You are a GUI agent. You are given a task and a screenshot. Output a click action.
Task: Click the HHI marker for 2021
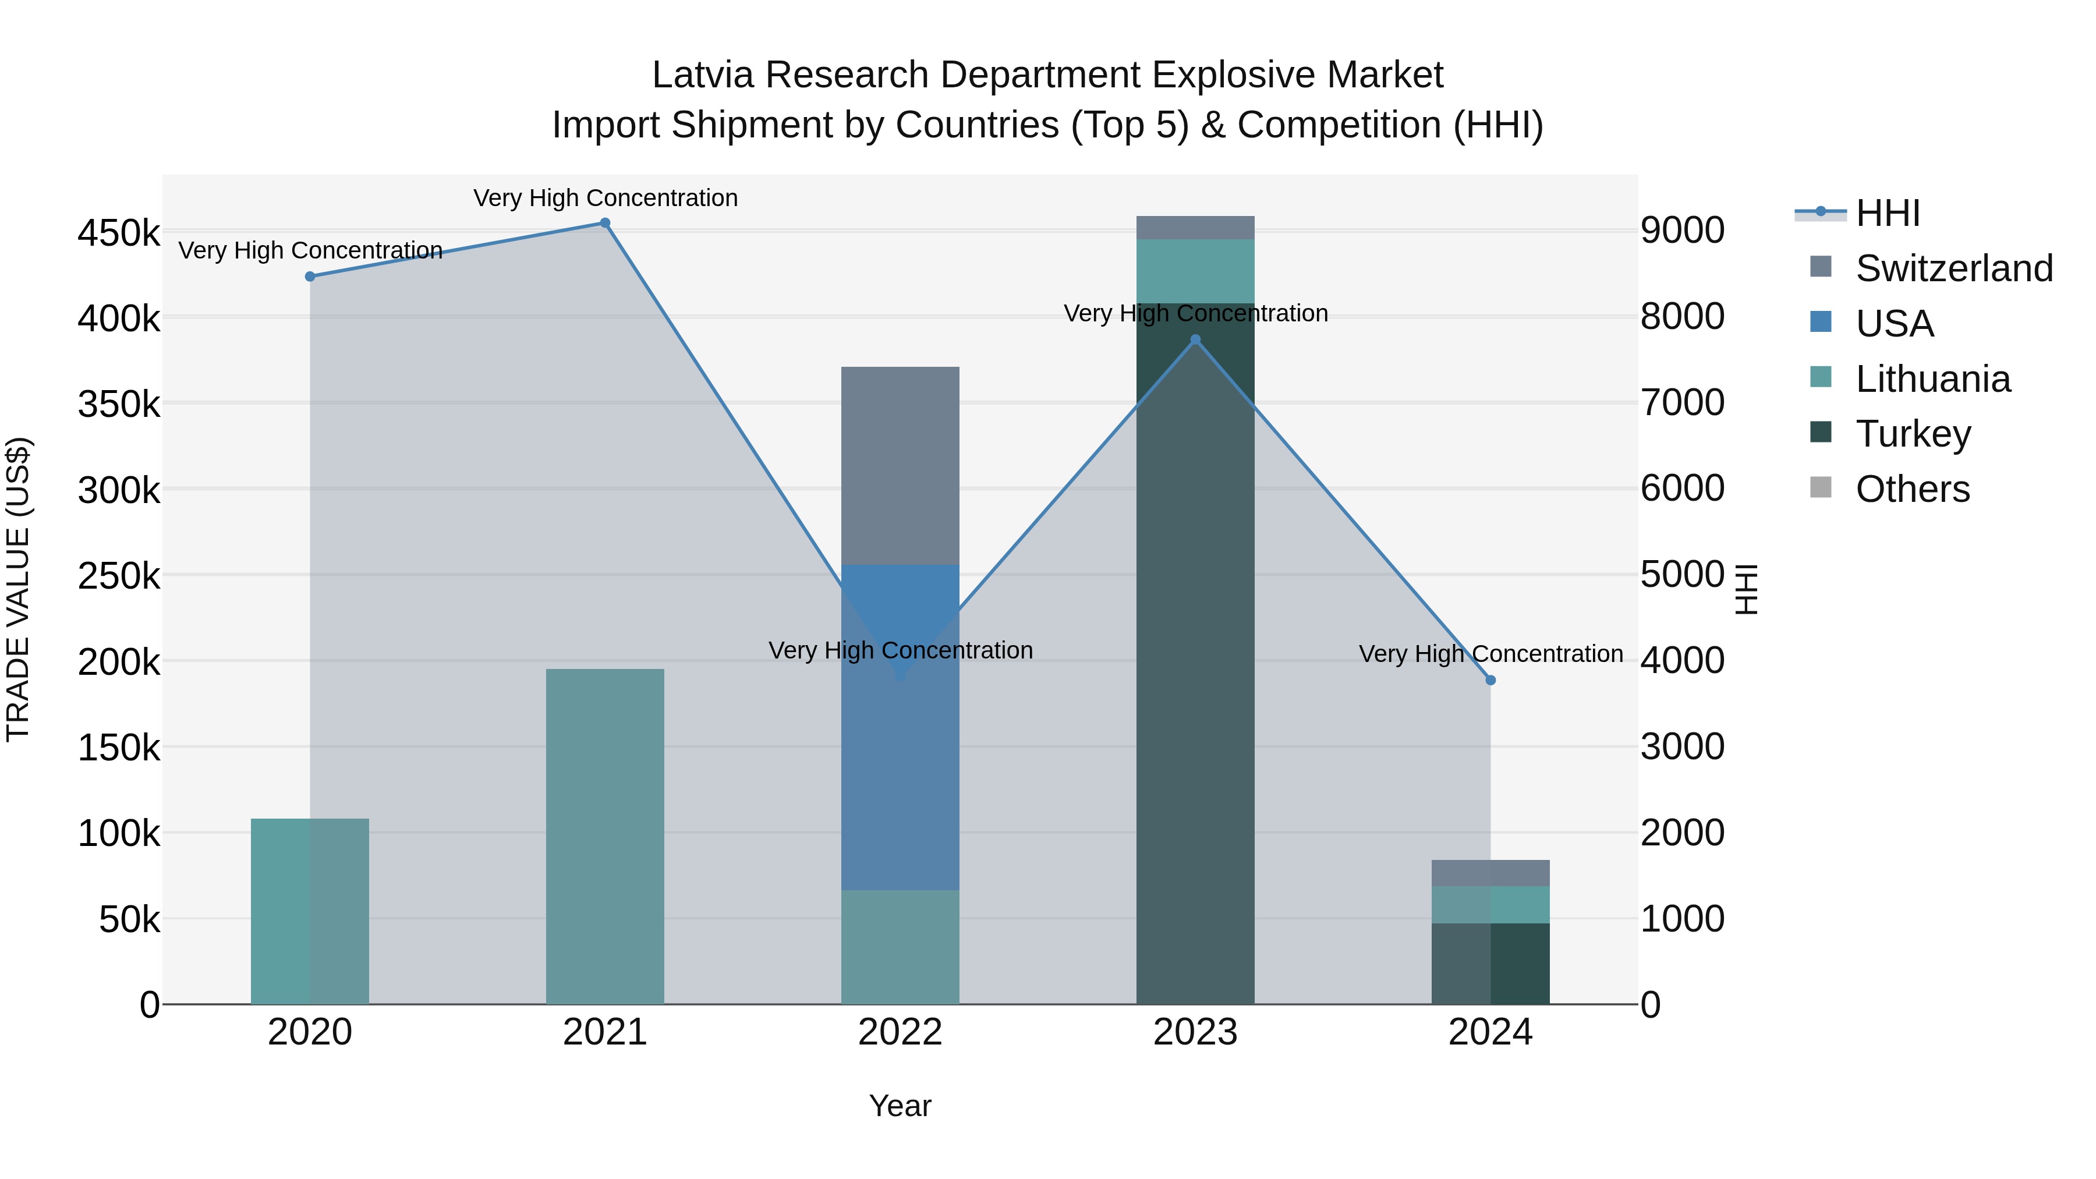(x=604, y=223)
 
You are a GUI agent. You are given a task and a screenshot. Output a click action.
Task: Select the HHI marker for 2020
(x=310, y=277)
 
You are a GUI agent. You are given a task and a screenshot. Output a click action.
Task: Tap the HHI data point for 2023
(x=1195, y=340)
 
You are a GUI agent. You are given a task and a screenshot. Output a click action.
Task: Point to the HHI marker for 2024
(x=1490, y=680)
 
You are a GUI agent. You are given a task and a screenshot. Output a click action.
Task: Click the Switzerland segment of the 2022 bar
(x=900, y=465)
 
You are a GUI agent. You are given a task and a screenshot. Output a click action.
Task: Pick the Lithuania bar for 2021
(x=604, y=837)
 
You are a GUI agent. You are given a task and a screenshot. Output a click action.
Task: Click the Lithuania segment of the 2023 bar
(x=1195, y=271)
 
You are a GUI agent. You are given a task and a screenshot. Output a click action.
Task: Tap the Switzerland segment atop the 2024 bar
(x=1490, y=873)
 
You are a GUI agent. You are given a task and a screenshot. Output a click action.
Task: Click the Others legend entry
(x=1912, y=489)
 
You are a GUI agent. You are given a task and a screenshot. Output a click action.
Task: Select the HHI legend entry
(x=1888, y=213)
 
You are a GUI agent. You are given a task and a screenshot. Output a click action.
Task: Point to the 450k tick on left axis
(x=119, y=233)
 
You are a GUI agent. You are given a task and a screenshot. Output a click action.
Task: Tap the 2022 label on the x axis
(x=900, y=1032)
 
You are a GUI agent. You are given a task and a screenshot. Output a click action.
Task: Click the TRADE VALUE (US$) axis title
(x=18, y=589)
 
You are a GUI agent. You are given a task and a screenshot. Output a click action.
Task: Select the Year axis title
(x=900, y=1106)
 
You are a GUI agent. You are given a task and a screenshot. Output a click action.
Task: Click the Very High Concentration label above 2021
(x=606, y=198)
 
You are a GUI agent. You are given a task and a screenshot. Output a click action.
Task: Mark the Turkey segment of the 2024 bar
(x=1490, y=964)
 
